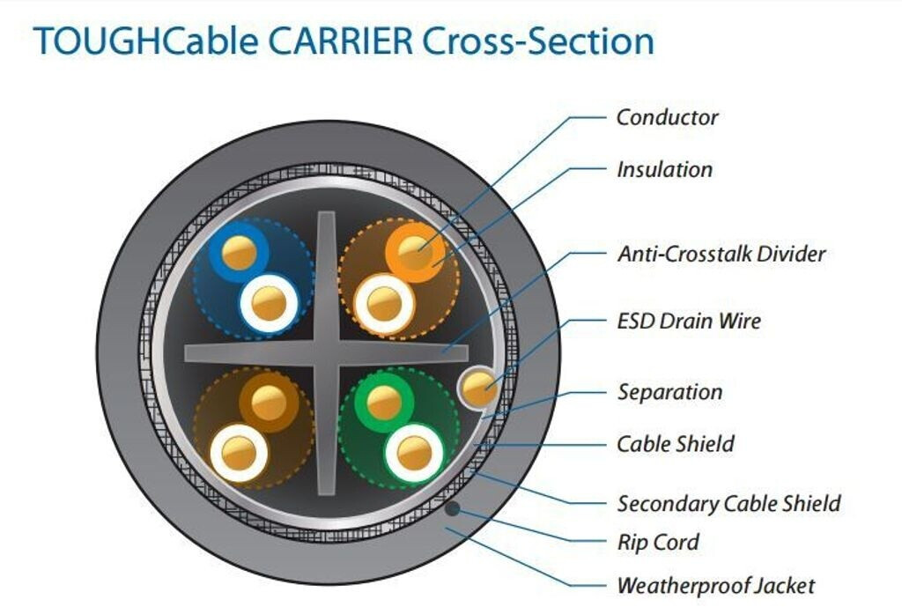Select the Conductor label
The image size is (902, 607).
point(667,117)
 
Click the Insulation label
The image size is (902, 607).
point(664,169)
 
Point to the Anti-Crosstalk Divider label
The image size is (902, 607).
point(721,254)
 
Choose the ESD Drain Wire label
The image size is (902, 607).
point(688,321)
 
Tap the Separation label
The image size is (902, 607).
point(669,392)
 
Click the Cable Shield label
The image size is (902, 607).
point(675,443)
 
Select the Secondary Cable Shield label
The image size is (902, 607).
point(728,504)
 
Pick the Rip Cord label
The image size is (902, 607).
point(657,542)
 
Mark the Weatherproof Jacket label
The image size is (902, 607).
point(715,585)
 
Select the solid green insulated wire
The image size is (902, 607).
point(383,403)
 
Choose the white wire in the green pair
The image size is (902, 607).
point(412,453)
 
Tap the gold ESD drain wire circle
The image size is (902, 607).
point(481,387)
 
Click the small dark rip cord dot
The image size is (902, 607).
point(451,508)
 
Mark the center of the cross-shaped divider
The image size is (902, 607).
point(325,351)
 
